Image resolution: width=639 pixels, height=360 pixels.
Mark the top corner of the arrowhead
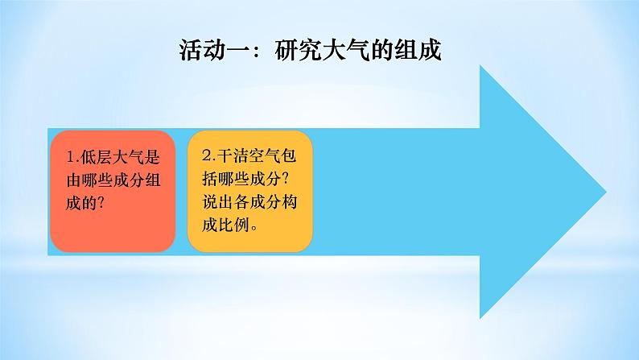point(481,68)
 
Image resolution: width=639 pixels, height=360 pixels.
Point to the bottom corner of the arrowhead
point(481,317)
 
